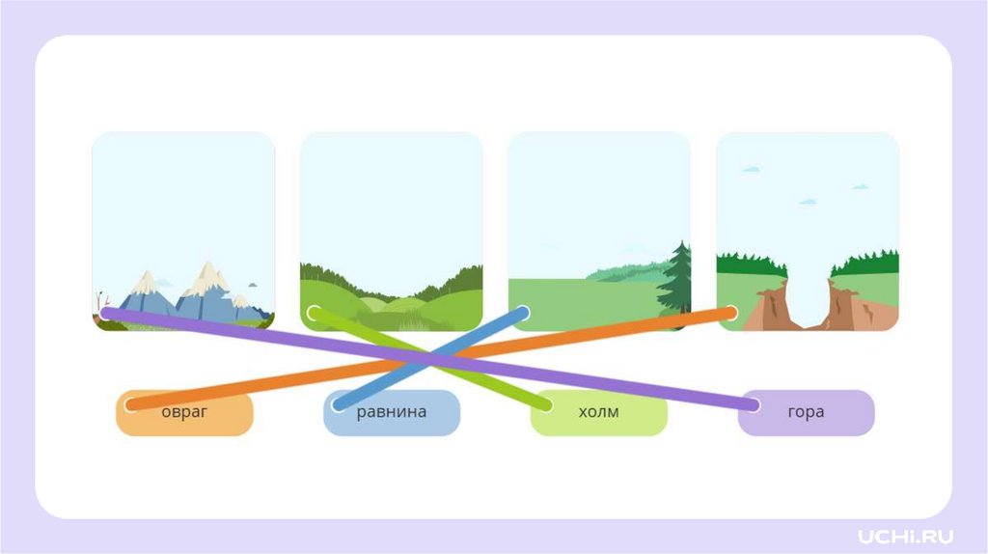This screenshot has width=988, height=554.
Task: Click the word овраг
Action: coord(183,412)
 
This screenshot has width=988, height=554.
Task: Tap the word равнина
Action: coord(391,412)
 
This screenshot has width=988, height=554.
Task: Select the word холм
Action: coord(598,412)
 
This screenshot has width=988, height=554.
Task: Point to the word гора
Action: coord(806,412)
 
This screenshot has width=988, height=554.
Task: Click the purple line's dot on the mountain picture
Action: coord(106,313)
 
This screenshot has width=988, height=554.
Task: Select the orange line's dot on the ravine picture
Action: coord(729,313)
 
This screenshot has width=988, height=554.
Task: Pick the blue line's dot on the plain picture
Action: coord(522,313)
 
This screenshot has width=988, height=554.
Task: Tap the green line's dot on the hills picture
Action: coord(314,313)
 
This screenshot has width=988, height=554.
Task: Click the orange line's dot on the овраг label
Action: coord(131,404)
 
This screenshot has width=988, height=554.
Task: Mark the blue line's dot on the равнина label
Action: coord(339,404)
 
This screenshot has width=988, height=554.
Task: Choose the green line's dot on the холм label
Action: coord(546,404)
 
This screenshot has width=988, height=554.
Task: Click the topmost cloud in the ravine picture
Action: coord(751,169)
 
